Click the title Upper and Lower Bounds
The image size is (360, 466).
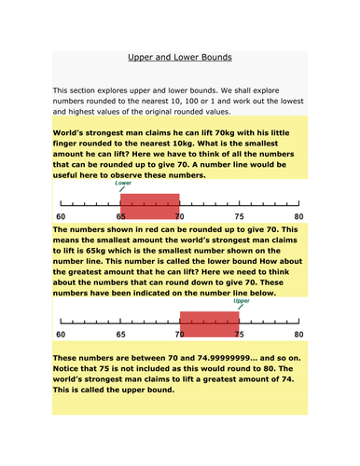click(178, 56)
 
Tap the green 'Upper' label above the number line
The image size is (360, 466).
click(242, 302)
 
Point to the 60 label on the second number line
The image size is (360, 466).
click(61, 334)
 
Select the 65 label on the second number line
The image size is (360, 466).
click(119, 334)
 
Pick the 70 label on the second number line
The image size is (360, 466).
click(179, 334)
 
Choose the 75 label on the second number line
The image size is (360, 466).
click(239, 334)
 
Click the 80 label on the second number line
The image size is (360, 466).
click(298, 334)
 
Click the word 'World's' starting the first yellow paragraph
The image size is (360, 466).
click(76, 133)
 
